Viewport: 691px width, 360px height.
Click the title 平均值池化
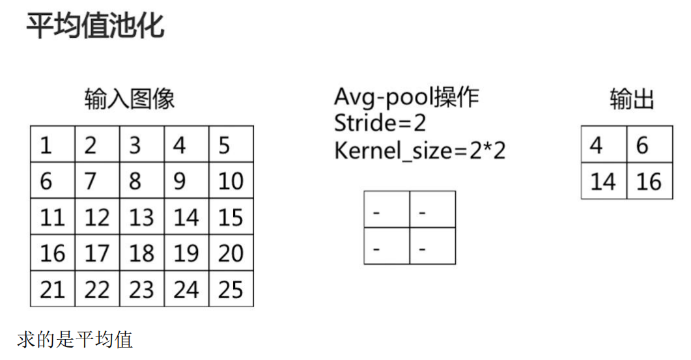(95, 26)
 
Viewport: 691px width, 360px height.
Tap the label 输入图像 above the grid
(130, 100)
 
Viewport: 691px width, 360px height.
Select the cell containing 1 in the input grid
(53, 145)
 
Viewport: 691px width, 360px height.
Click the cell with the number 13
(141, 217)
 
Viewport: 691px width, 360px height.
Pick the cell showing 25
(231, 289)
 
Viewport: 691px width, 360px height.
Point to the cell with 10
(231, 180)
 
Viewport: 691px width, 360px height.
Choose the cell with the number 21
(53, 289)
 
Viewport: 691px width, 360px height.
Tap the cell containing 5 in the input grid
(231, 145)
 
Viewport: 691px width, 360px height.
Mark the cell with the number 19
(186, 253)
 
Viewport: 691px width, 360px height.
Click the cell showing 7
(97, 180)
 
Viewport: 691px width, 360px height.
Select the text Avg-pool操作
(406, 97)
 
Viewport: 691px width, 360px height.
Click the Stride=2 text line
(380, 123)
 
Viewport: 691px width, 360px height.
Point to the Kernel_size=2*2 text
(419, 150)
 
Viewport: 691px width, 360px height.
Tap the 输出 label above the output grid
(631, 100)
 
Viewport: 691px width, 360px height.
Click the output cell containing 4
(604, 145)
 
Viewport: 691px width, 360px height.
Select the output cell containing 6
(649, 145)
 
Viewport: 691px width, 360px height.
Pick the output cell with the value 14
(604, 180)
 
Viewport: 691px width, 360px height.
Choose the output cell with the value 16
(649, 180)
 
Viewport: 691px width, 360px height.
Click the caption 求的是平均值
(75, 339)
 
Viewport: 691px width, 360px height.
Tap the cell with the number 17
(97, 253)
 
